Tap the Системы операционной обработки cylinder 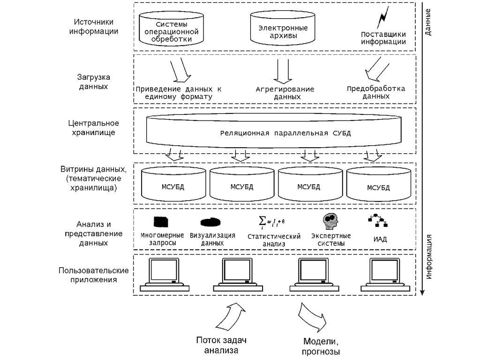(172, 30)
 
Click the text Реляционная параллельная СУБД (285, 133)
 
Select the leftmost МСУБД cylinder (173, 185)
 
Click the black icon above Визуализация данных (212, 222)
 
